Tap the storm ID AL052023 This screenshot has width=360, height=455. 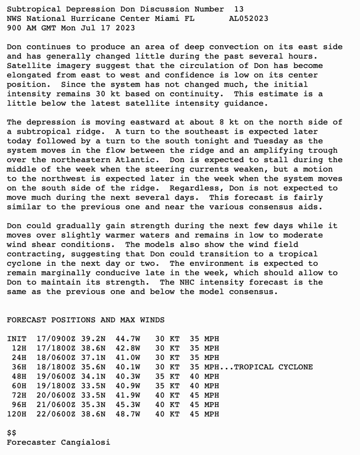click(x=249, y=18)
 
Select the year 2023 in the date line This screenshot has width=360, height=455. click(x=125, y=28)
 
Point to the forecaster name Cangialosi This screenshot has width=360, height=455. click(x=85, y=442)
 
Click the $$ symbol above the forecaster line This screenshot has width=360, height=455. click(x=12, y=432)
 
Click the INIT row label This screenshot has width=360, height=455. click(x=16, y=339)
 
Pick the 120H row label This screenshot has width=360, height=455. click(x=16, y=414)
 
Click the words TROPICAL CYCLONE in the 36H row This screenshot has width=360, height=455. click(x=273, y=367)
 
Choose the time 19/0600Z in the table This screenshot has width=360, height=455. click(x=56, y=376)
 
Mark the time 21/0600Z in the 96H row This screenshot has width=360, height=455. click(x=56, y=405)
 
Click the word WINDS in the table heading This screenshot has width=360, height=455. click(x=152, y=320)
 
